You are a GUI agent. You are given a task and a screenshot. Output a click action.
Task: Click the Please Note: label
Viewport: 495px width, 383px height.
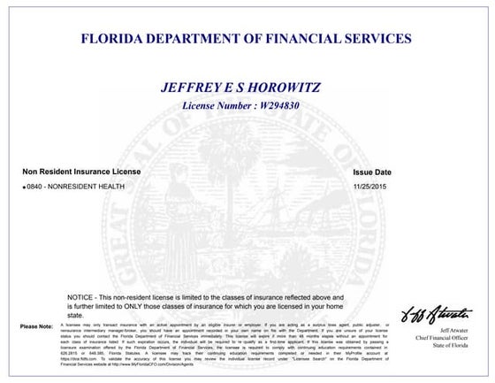[36, 327]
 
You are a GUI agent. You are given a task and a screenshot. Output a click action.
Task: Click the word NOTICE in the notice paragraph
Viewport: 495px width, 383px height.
[81, 296]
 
